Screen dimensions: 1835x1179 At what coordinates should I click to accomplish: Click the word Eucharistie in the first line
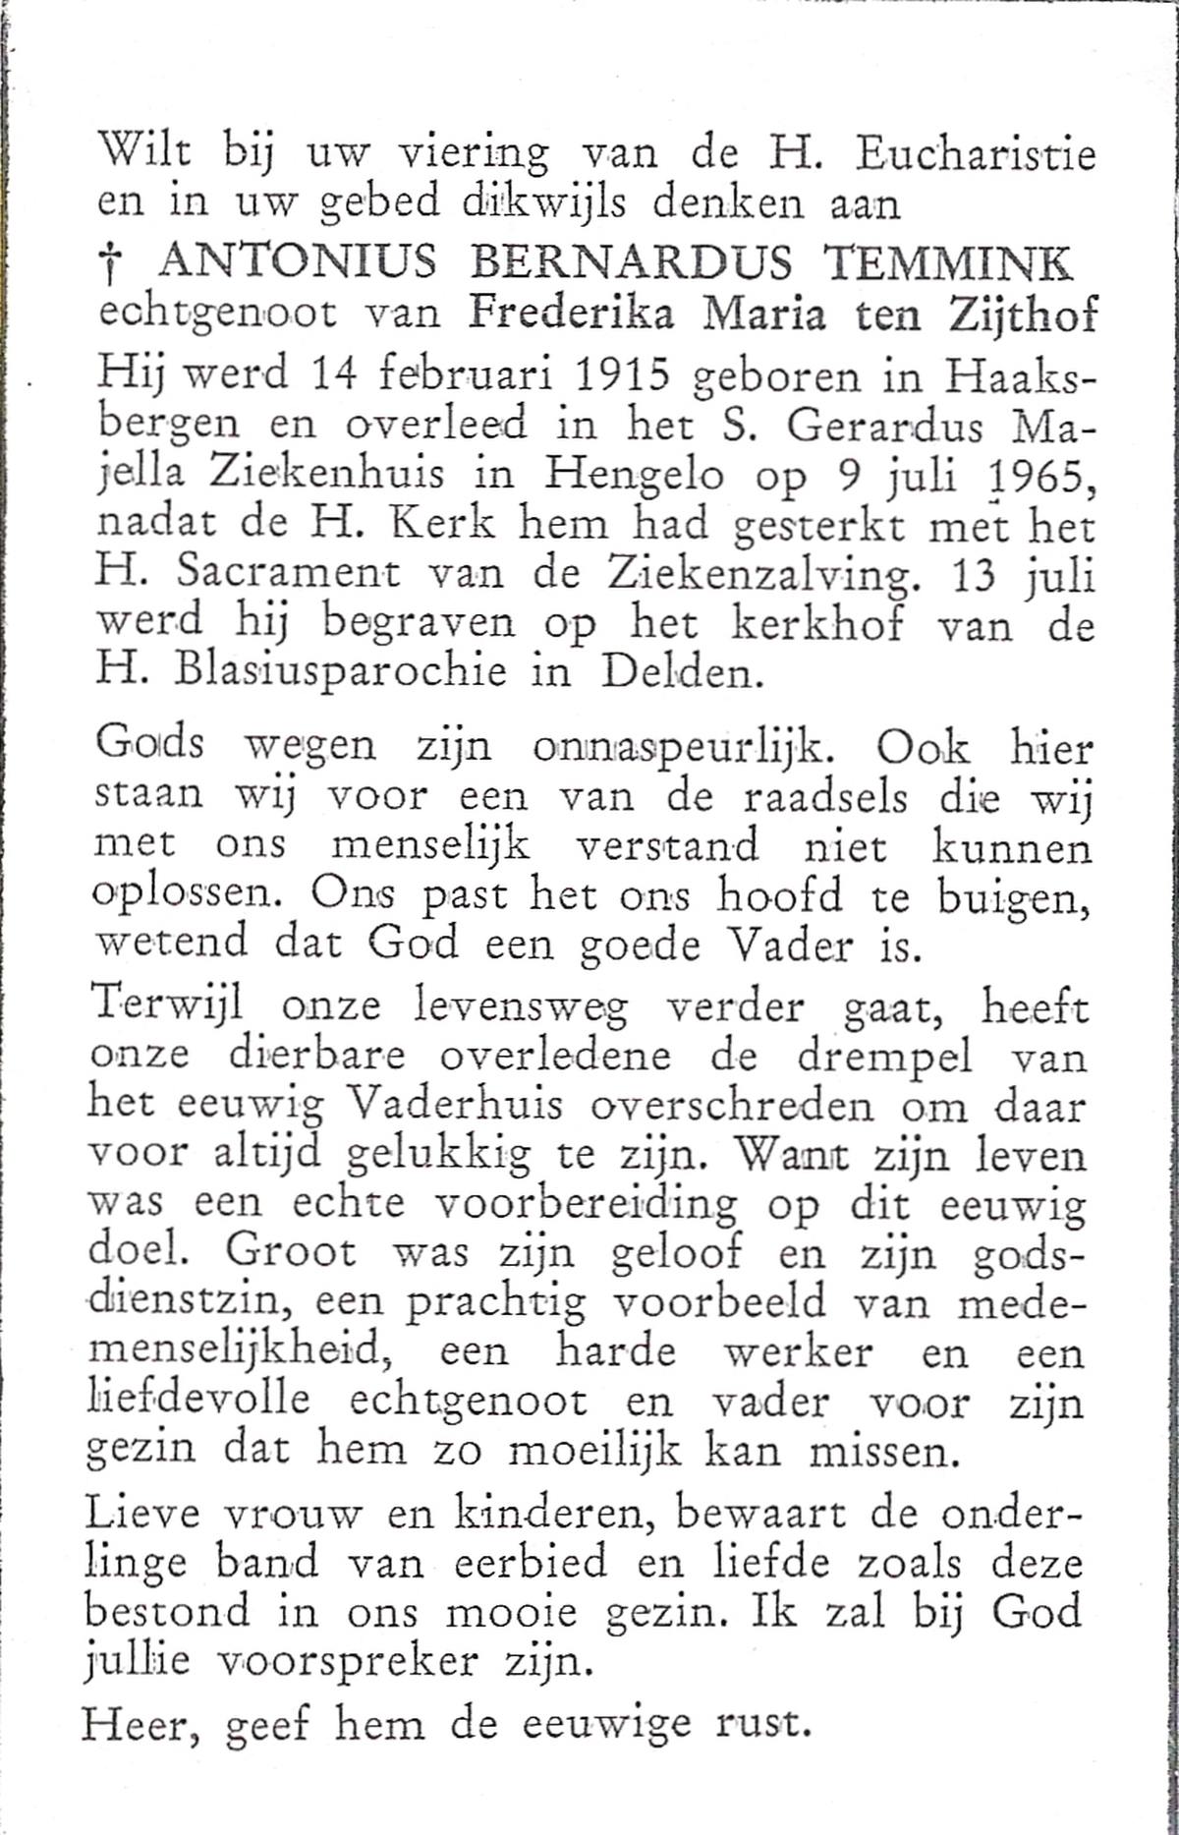tap(976, 156)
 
